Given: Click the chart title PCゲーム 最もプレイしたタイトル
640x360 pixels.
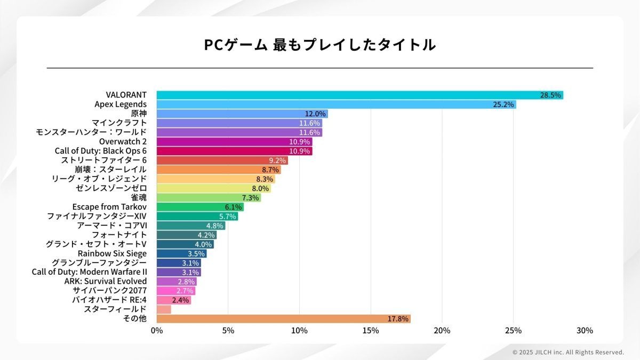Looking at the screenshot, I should coord(320,45).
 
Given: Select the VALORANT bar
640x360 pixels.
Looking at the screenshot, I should coord(360,95).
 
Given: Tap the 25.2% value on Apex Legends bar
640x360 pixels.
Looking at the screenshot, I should coord(503,105).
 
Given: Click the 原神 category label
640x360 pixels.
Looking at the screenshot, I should coord(139,114).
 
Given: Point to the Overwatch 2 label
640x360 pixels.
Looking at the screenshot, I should coord(123,141).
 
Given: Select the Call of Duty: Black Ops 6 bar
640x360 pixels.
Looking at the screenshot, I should coord(235,151).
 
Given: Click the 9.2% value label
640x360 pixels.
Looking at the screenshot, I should coord(277,161).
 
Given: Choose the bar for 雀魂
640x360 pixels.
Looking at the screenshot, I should coord(209,197).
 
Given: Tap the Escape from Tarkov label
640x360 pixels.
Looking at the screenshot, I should coord(109,207).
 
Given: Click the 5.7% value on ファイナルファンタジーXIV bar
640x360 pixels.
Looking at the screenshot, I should coord(228,216).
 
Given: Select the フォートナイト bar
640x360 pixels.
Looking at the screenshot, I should coord(187,235).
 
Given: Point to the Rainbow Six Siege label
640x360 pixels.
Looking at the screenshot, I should coord(112,253).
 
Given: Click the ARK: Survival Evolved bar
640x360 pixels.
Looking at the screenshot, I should coord(177,281).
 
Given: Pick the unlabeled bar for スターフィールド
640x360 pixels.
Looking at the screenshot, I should coord(164,309).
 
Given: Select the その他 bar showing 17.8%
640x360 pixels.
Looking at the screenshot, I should coord(283,319).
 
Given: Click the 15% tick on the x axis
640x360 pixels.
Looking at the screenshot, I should coord(371,331).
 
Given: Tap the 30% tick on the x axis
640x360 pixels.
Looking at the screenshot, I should coord(585,331).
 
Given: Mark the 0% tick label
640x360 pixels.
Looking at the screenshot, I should coord(157,331).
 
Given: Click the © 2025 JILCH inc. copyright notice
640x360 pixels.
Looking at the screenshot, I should coord(568,352).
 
